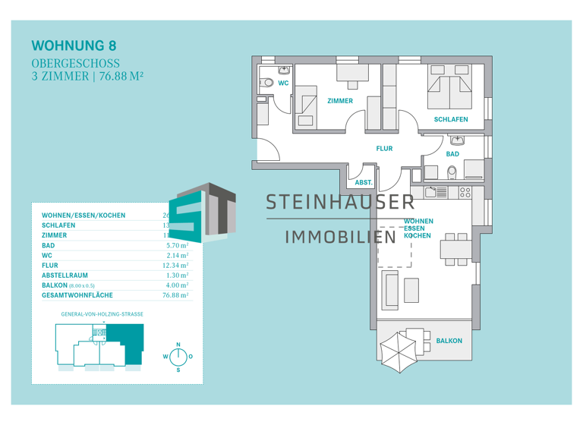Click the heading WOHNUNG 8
tap(74, 47)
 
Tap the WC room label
tap(283, 83)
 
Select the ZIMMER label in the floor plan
tap(339, 101)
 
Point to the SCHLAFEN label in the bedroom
tap(450, 119)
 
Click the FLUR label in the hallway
tap(384, 149)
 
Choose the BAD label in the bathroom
tap(452, 154)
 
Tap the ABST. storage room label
tap(364, 183)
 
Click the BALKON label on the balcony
tap(449, 341)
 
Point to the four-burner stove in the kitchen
tap(465, 193)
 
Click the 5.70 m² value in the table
tap(176, 246)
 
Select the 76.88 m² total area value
tap(175, 295)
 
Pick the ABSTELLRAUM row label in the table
tap(65, 275)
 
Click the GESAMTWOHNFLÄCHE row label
tap(77, 295)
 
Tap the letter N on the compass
tap(178, 345)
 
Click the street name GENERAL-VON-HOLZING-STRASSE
tap(102, 313)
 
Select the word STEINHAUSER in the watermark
tap(339, 202)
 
